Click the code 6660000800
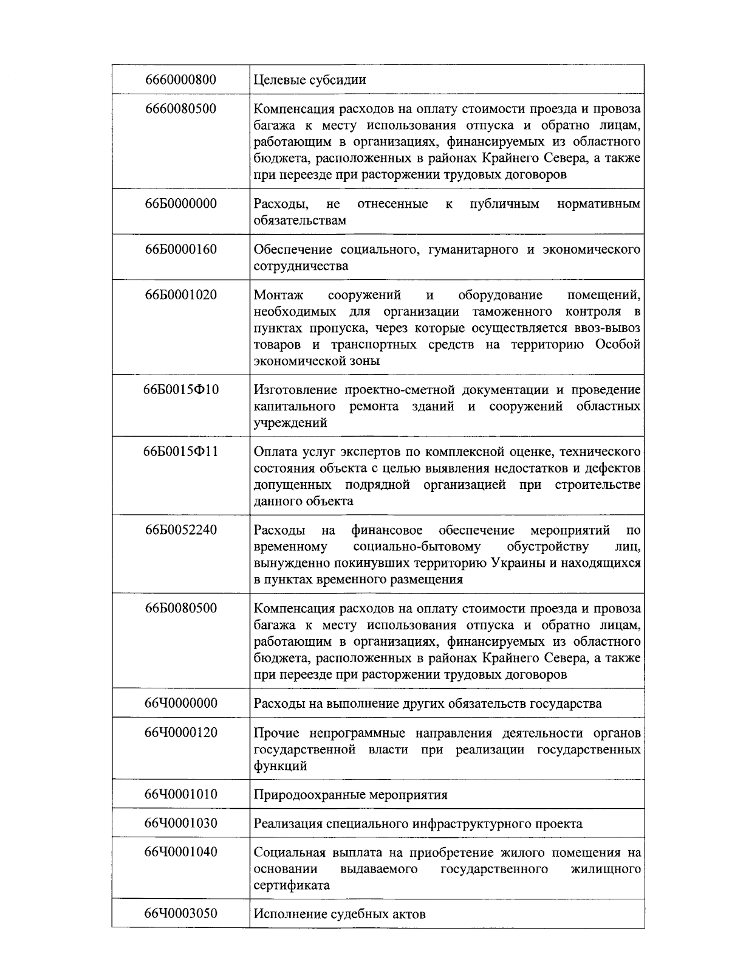(180, 80)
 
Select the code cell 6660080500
(180, 109)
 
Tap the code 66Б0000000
(180, 204)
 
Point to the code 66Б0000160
(180, 249)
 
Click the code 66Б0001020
(180, 295)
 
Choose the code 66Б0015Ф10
(180, 389)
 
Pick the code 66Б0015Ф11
(180, 452)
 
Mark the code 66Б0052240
(180, 530)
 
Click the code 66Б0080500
(180, 609)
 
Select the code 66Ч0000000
(180, 704)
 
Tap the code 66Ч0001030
(180, 823)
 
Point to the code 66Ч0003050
(180, 913)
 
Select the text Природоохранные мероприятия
(350, 795)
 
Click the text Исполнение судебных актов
(339, 914)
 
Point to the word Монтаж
(278, 296)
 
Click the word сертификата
(291, 885)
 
